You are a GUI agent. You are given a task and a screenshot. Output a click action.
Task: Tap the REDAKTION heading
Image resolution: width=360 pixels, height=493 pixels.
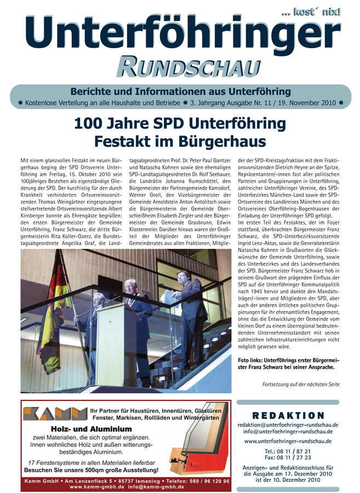(x=288, y=416)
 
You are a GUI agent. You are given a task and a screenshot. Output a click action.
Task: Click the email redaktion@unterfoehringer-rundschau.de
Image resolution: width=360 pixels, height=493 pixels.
(x=288, y=425)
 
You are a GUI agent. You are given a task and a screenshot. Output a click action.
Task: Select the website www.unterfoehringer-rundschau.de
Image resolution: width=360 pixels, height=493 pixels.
(x=288, y=441)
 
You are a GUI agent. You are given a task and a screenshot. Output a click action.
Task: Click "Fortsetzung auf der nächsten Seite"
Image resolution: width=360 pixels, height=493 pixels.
(x=301, y=384)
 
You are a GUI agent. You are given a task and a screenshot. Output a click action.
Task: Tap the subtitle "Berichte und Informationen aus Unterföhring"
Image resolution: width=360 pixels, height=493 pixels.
(x=180, y=91)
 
